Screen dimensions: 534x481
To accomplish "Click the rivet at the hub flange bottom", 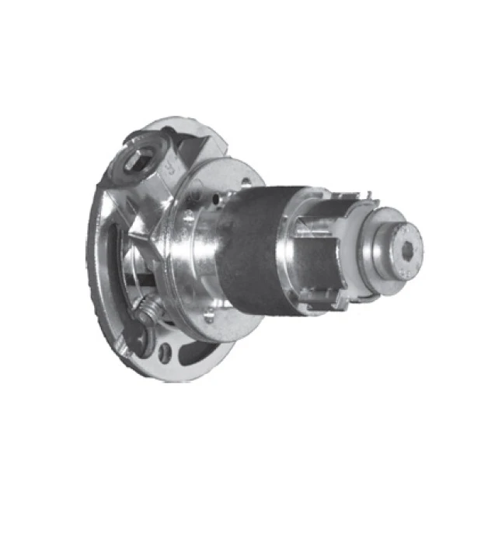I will coord(208,317).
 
